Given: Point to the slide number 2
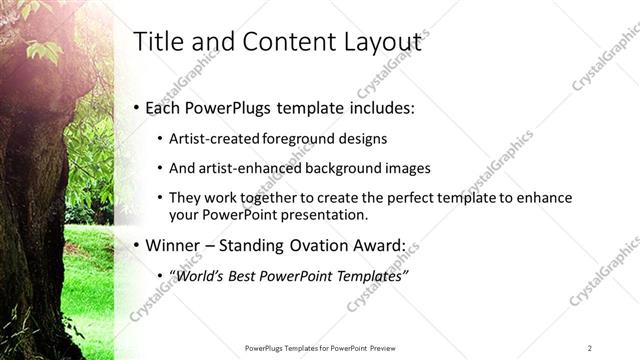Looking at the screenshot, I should (590, 348).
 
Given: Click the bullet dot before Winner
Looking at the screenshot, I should (137, 246).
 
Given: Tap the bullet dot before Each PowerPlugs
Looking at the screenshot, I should (137, 108).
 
